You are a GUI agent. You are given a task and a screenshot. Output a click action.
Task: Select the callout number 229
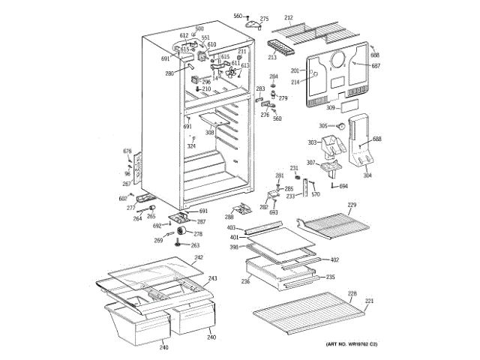coord(352,205)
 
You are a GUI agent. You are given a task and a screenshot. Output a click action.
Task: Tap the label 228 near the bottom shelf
coord(352,293)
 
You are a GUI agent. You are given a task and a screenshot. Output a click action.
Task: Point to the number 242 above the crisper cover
coord(199,258)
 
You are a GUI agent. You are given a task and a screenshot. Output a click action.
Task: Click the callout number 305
coord(324,126)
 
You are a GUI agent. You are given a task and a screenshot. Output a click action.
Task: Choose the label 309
coord(330,108)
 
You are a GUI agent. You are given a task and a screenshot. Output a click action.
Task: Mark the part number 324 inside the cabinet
coord(191,145)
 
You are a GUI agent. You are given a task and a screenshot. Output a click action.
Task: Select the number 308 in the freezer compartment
coord(210,133)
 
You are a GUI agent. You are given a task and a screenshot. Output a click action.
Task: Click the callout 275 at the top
coord(264,18)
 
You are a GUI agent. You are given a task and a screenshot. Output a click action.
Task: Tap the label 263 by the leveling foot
coord(196,245)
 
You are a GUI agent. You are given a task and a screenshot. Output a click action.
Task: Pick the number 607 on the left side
coord(123,198)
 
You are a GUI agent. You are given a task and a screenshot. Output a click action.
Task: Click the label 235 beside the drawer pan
coord(330,277)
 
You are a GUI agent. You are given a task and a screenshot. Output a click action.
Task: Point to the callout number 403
coord(232,227)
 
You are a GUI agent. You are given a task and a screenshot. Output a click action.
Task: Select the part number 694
coord(343,186)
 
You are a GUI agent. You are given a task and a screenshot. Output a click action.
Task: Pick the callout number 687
coord(376,67)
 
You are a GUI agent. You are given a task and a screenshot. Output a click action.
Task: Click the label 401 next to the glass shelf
coord(233,238)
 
